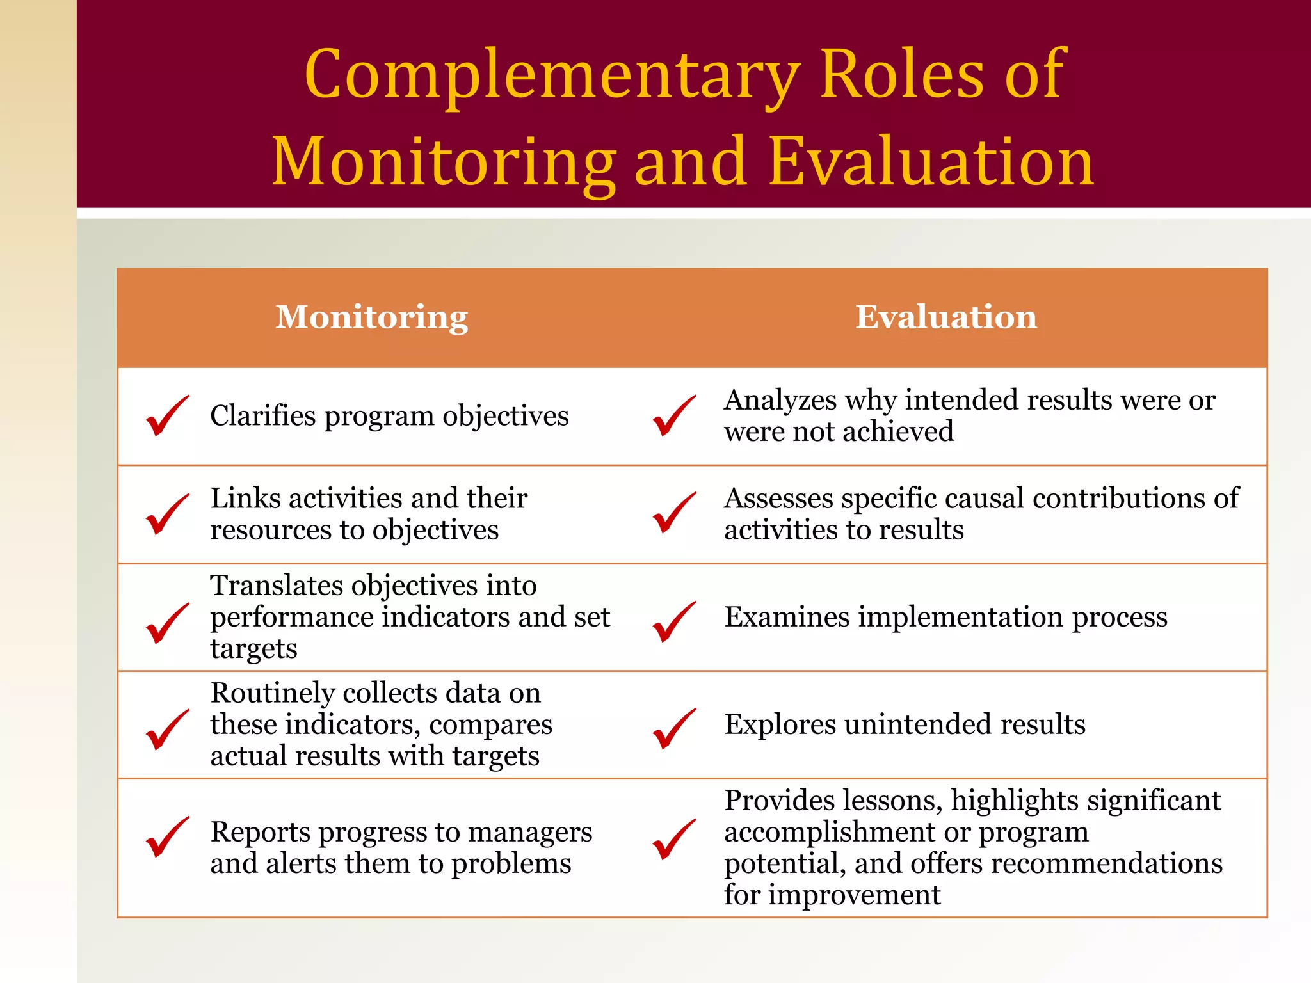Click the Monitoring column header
point(371,317)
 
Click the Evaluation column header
point(946,317)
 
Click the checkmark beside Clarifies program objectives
point(166,417)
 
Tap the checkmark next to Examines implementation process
point(673,621)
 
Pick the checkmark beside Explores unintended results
point(673,729)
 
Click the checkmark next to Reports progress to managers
point(166,837)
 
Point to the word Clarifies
point(262,416)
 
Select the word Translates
point(277,586)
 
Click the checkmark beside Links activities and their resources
point(166,515)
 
